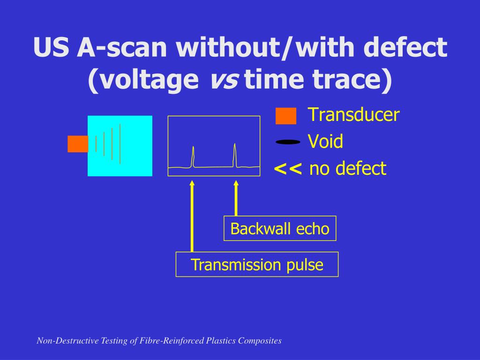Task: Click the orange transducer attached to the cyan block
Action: [x=78, y=144]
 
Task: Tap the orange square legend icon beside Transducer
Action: [x=286, y=116]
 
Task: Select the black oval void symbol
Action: [x=288, y=142]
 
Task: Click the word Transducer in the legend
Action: [x=353, y=115]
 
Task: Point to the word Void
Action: [x=325, y=141]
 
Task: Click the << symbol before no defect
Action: [x=288, y=168]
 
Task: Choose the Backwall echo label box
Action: [x=280, y=229]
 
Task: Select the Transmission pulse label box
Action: [x=257, y=265]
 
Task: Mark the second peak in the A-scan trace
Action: [x=235, y=155]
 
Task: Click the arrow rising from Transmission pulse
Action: [x=192, y=216]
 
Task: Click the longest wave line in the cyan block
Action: [x=120, y=144]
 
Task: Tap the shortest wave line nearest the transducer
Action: [x=96, y=144]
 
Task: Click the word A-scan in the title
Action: [x=119, y=48]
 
